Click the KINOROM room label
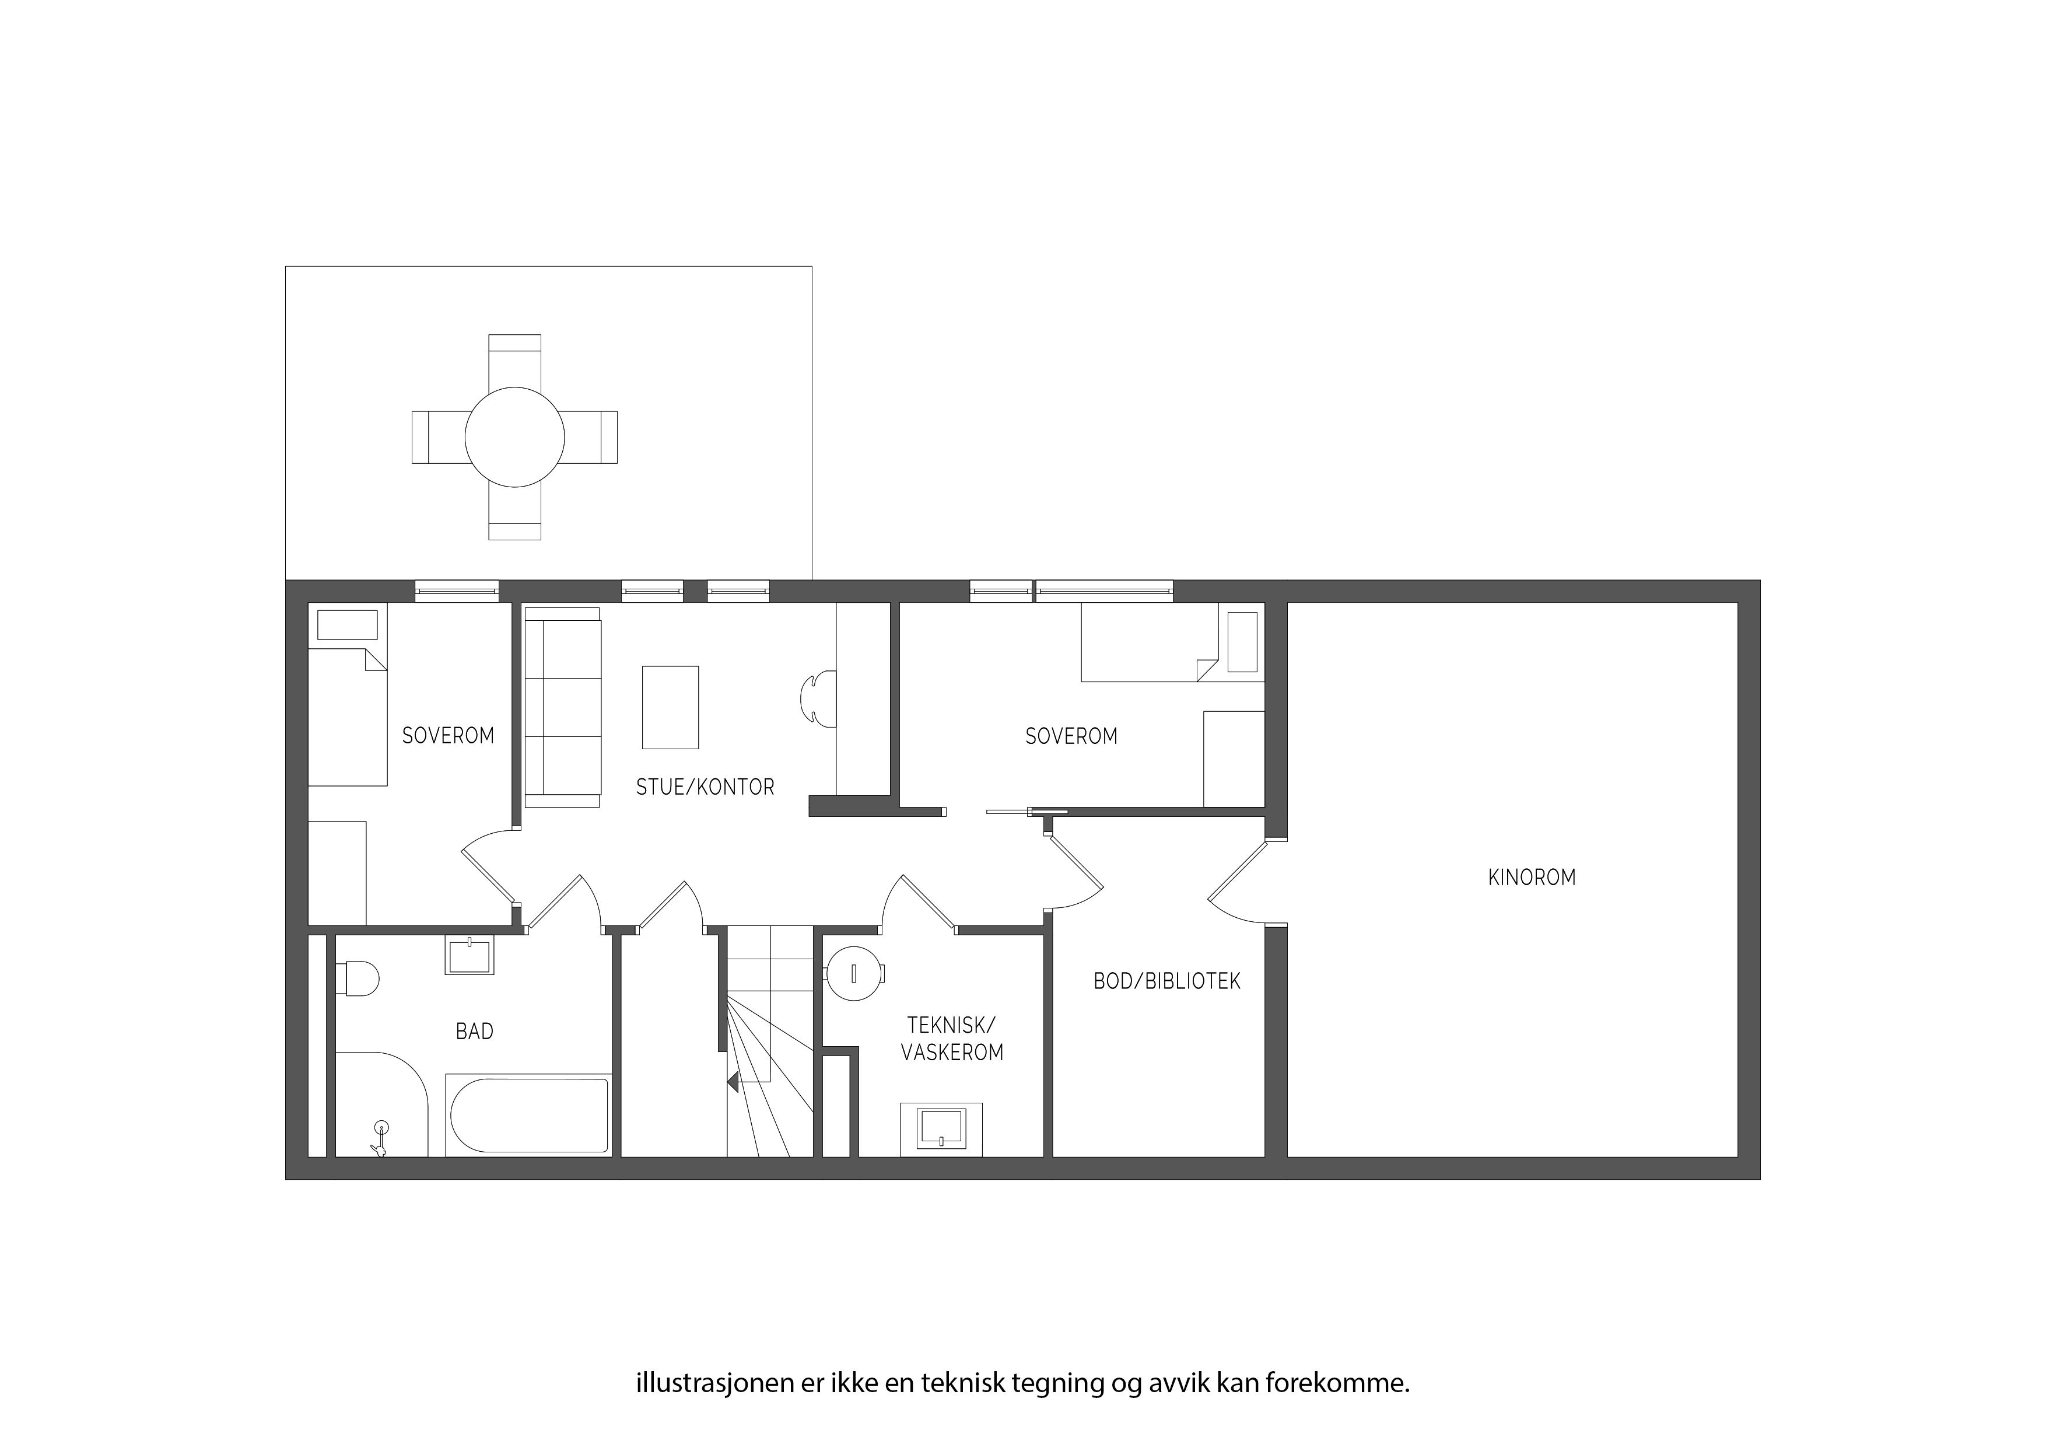pos(1532,878)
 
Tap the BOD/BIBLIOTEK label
pos(1166,981)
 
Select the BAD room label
pos(474,1032)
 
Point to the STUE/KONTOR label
pos(705,787)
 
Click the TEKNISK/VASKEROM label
pos(952,1039)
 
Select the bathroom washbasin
pos(469,956)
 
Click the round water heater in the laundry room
pos(854,974)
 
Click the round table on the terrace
pos(515,437)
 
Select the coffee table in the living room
pos(670,707)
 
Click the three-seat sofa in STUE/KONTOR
pos(562,707)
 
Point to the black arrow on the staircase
pos(733,1083)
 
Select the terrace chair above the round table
pos(515,361)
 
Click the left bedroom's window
pos(457,590)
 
